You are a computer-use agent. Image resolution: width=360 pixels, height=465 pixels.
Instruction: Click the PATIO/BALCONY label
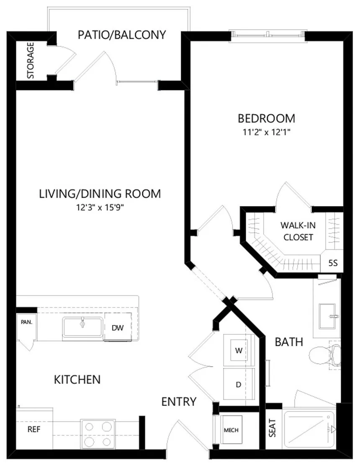(x=122, y=35)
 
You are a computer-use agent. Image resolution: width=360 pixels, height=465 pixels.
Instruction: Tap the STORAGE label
(x=31, y=60)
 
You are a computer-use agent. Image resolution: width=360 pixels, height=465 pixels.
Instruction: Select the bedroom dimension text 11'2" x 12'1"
(x=266, y=132)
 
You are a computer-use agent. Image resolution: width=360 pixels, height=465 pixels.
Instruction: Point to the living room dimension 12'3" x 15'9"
(x=100, y=207)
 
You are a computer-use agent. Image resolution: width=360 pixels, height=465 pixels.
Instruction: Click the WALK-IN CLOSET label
(x=298, y=231)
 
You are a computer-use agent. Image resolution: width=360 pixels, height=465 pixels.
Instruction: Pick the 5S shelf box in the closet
(x=333, y=263)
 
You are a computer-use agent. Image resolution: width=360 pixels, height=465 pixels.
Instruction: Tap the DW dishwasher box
(x=118, y=328)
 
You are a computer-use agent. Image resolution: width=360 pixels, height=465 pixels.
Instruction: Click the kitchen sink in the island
(x=82, y=327)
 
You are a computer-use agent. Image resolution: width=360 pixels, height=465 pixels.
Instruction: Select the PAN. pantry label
(x=27, y=322)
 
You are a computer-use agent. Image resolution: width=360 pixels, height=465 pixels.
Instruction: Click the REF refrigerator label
(x=34, y=429)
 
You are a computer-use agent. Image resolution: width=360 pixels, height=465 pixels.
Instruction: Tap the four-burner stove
(x=98, y=434)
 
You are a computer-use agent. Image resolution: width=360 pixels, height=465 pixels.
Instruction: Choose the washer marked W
(x=239, y=351)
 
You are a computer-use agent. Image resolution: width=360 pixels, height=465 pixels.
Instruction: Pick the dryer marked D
(x=239, y=384)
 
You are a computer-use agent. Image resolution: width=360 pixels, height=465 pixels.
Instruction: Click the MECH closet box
(x=231, y=430)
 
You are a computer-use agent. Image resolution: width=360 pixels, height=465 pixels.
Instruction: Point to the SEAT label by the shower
(x=272, y=428)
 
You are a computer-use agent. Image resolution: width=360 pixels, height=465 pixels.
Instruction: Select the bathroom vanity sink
(x=327, y=316)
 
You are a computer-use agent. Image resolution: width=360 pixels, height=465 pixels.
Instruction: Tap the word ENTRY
(x=179, y=402)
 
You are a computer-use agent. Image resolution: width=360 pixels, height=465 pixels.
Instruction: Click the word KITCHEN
(x=77, y=380)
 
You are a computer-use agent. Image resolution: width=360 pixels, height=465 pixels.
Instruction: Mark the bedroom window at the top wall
(x=268, y=35)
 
